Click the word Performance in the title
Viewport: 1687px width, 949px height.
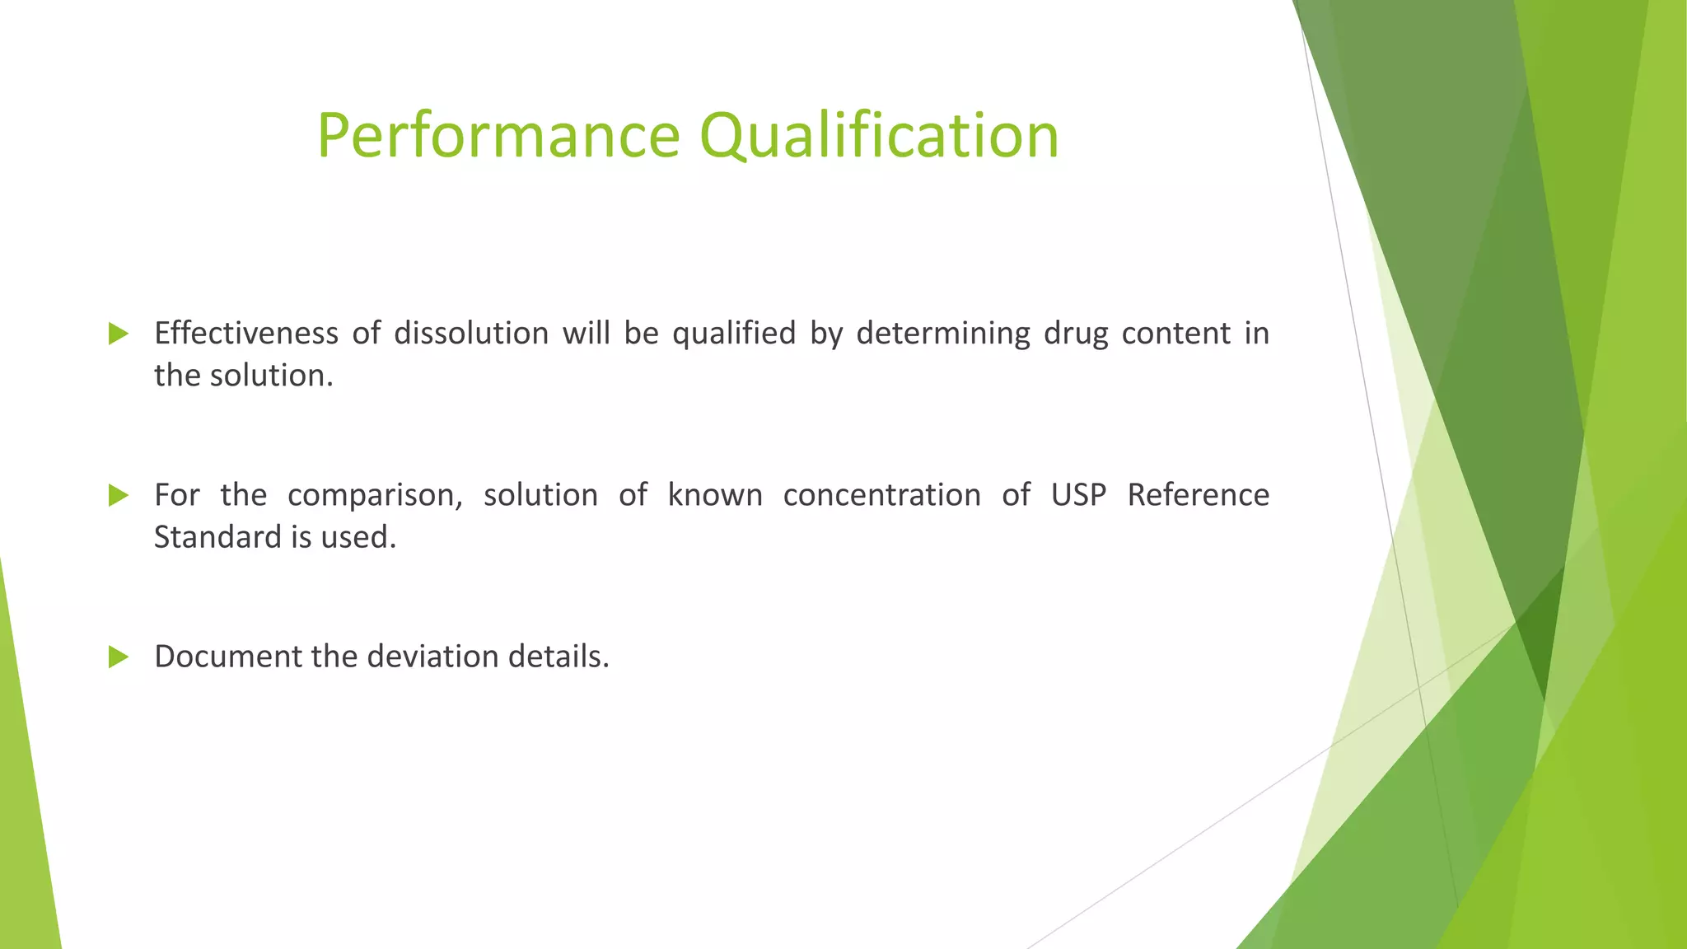pyautogui.click(x=498, y=136)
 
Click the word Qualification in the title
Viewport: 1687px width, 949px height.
pyautogui.click(x=879, y=136)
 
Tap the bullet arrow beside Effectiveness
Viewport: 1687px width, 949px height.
pyautogui.click(x=119, y=334)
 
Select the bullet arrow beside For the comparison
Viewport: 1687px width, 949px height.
pyautogui.click(x=119, y=495)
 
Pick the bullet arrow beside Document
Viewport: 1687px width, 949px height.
pyautogui.click(x=119, y=657)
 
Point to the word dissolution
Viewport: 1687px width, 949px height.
pyautogui.click(x=470, y=334)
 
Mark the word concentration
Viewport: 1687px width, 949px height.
pyautogui.click(x=881, y=495)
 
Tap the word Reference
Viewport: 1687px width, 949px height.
pyautogui.click(x=1198, y=495)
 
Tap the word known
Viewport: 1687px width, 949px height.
pyautogui.click(x=714, y=495)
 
